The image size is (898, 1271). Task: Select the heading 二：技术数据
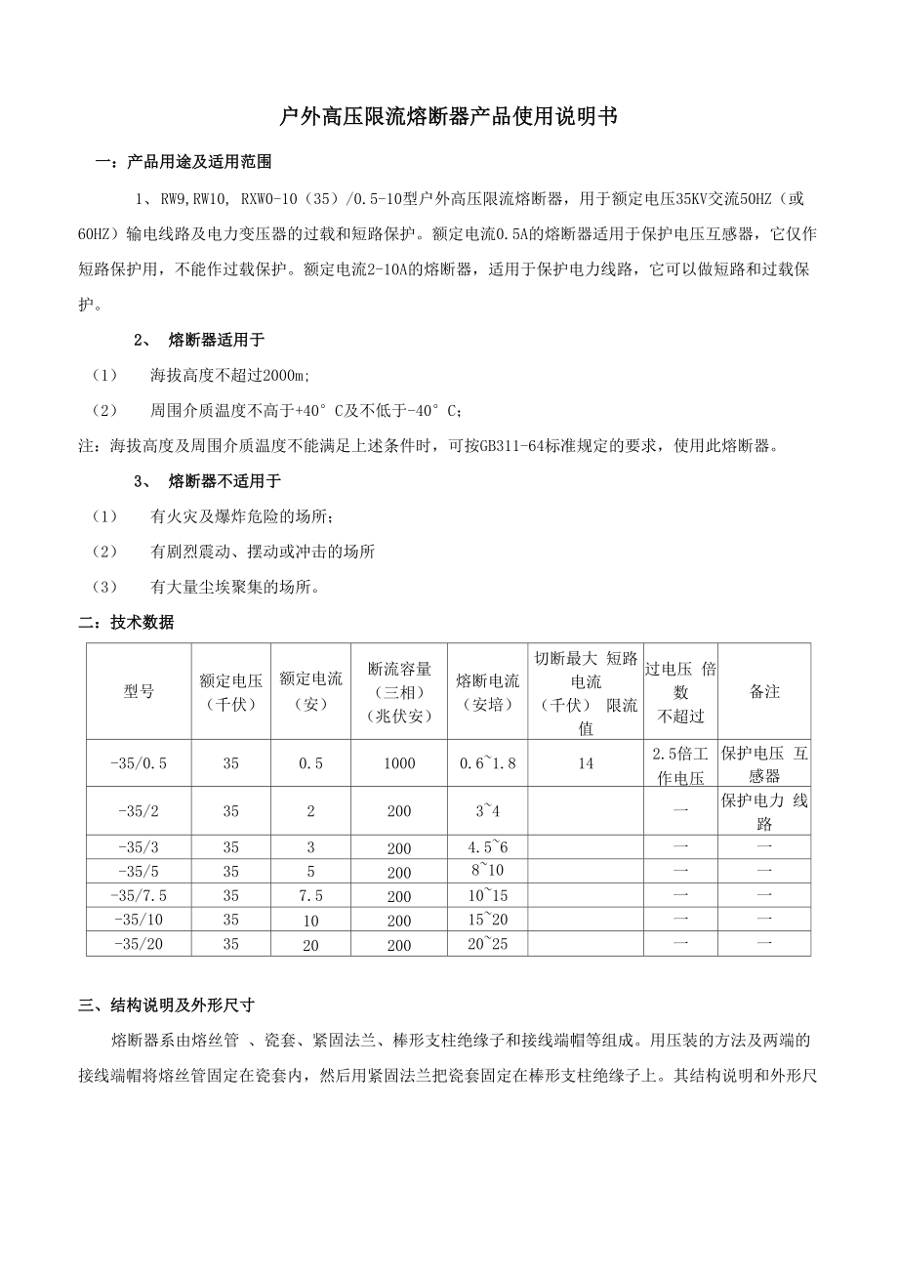click(126, 622)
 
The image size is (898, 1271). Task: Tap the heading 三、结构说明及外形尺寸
click(166, 1005)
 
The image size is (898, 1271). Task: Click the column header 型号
click(139, 691)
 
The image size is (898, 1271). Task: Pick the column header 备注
click(764, 691)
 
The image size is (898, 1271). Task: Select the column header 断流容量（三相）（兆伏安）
click(399, 691)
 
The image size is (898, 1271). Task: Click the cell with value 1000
click(399, 763)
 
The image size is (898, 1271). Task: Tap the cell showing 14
click(585, 763)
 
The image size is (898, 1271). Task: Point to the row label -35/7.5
click(139, 896)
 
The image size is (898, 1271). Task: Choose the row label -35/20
click(139, 944)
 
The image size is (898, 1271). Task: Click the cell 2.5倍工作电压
click(680, 764)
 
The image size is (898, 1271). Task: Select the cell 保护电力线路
click(764, 811)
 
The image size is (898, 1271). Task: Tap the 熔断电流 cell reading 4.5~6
click(487, 845)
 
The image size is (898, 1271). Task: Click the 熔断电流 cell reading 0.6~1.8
click(487, 763)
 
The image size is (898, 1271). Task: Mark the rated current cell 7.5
click(310, 896)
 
